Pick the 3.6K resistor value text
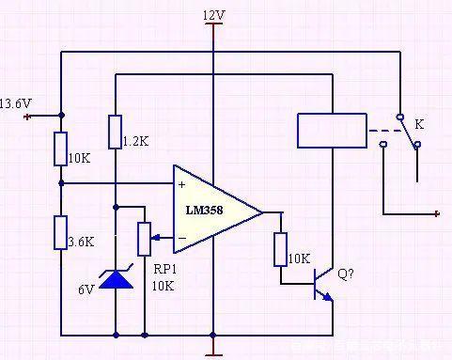click(x=82, y=241)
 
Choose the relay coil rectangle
click(x=331, y=130)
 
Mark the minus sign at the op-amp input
click(x=180, y=237)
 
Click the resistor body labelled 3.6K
click(x=60, y=231)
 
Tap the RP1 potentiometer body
click(x=145, y=239)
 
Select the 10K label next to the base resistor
click(x=299, y=258)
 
